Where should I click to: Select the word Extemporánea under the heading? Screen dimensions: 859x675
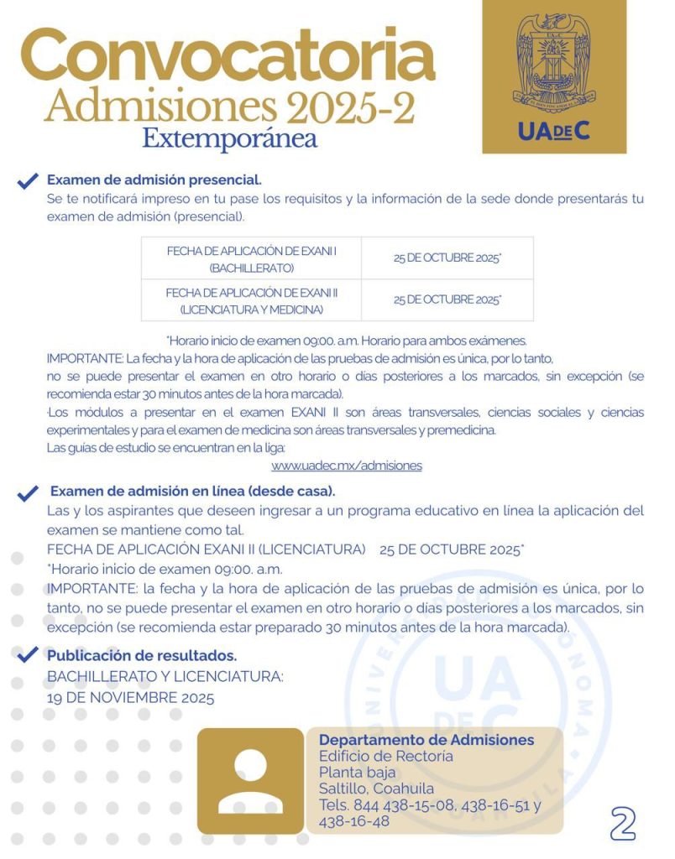coord(229,137)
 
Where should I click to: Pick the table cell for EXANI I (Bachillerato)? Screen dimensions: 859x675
coord(251,258)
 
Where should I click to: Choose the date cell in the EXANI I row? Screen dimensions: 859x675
coord(447,258)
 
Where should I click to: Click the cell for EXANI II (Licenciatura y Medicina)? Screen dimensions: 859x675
coord(251,300)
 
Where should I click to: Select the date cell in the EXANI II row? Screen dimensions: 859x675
coord(447,300)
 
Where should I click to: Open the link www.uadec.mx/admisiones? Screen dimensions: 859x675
coord(346,465)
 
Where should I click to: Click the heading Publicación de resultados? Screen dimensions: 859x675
coord(142,655)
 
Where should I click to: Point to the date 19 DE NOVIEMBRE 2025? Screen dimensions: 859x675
coord(130,697)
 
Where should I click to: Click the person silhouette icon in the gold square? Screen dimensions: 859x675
coord(250,780)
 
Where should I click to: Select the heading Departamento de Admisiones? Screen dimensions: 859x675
coord(426,740)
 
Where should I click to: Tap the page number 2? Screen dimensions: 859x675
coord(623,823)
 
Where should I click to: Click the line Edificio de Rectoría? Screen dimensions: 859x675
coord(385,757)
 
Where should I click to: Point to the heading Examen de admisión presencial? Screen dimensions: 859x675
coord(154,180)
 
